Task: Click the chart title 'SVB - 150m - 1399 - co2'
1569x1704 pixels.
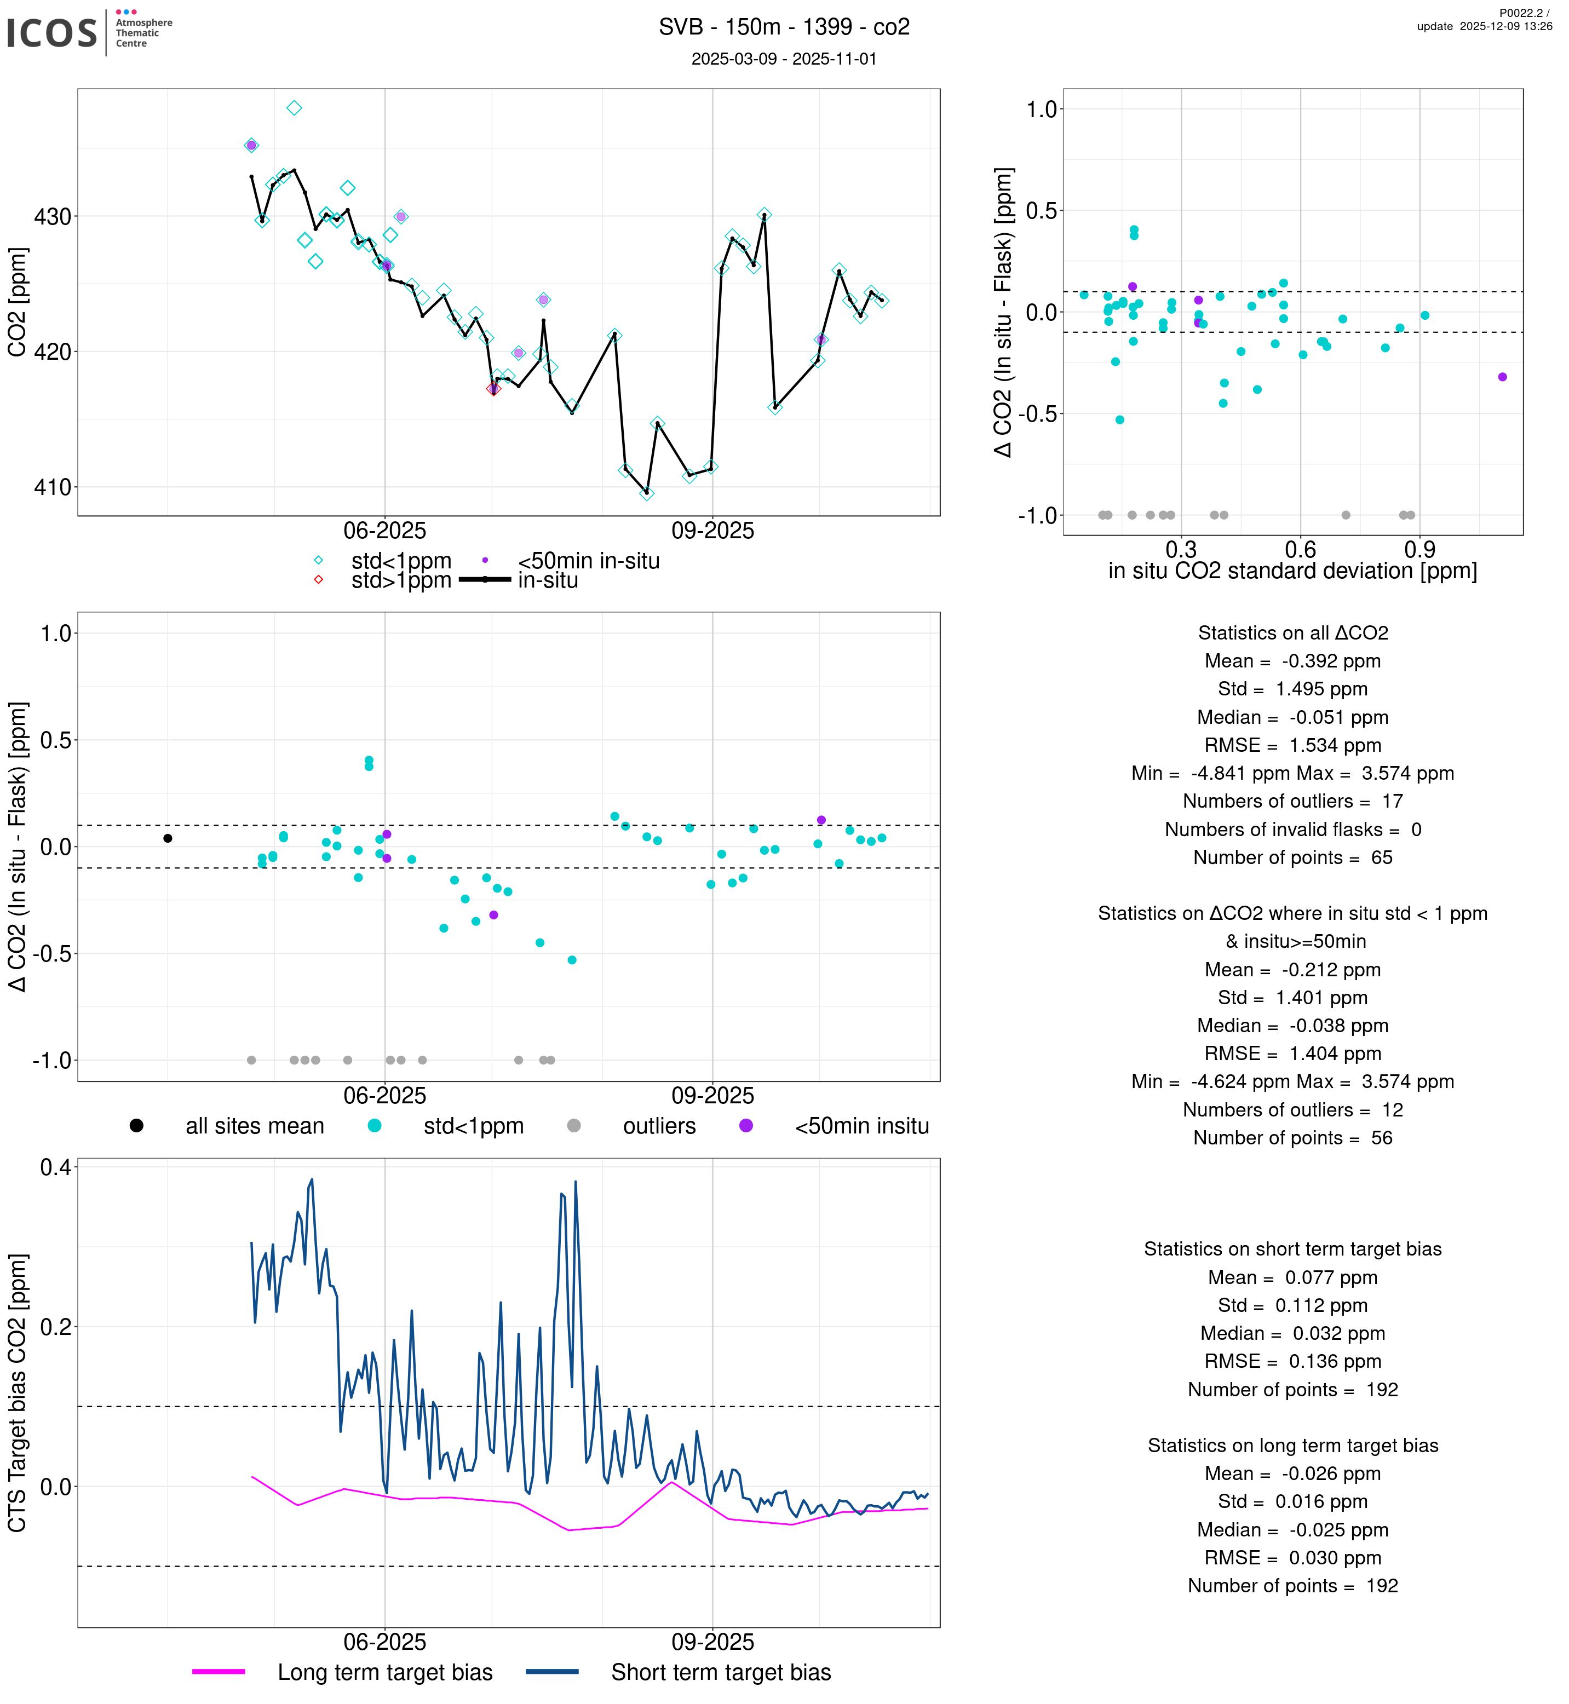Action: pos(784,27)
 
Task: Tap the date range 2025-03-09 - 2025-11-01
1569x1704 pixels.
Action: pos(784,59)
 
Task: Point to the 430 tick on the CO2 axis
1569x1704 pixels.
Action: pos(52,216)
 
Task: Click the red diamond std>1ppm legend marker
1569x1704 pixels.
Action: pos(318,580)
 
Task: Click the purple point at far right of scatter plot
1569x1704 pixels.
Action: pos(1502,377)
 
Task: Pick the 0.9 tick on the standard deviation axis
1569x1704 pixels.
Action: pos(1419,549)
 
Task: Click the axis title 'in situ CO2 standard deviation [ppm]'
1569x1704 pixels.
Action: pos(1292,571)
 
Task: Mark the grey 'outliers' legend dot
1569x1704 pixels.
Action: pos(574,1125)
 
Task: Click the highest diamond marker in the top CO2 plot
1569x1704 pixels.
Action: pos(294,108)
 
